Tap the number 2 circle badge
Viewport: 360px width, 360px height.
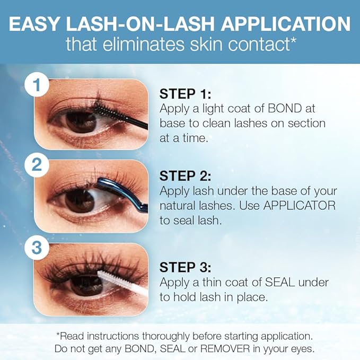pos(36,164)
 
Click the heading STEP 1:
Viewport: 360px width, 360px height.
pos(185,94)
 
